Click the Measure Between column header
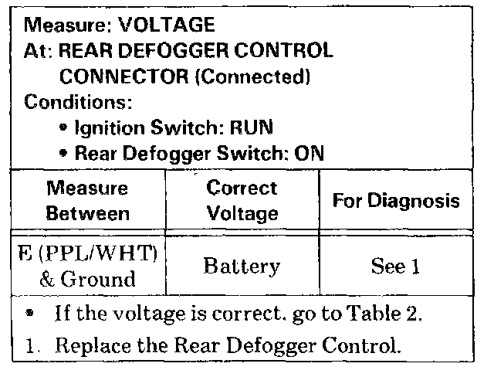(x=87, y=199)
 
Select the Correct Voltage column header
(x=241, y=199)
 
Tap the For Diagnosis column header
(x=396, y=200)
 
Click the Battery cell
(x=241, y=267)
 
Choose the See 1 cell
(x=394, y=267)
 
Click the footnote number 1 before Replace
(x=30, y=345)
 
